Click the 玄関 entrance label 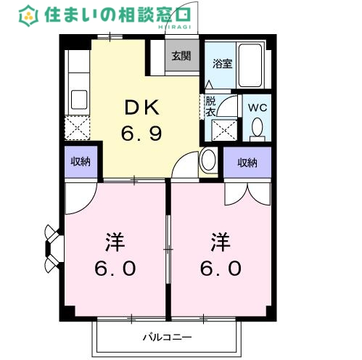181,56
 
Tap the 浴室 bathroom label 221,63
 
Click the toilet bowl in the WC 256,128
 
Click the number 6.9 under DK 141,134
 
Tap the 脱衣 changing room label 210,106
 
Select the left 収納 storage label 81,162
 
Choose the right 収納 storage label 247,163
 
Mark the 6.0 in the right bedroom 221,268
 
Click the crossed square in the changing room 223,130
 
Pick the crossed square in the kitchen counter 77,127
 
